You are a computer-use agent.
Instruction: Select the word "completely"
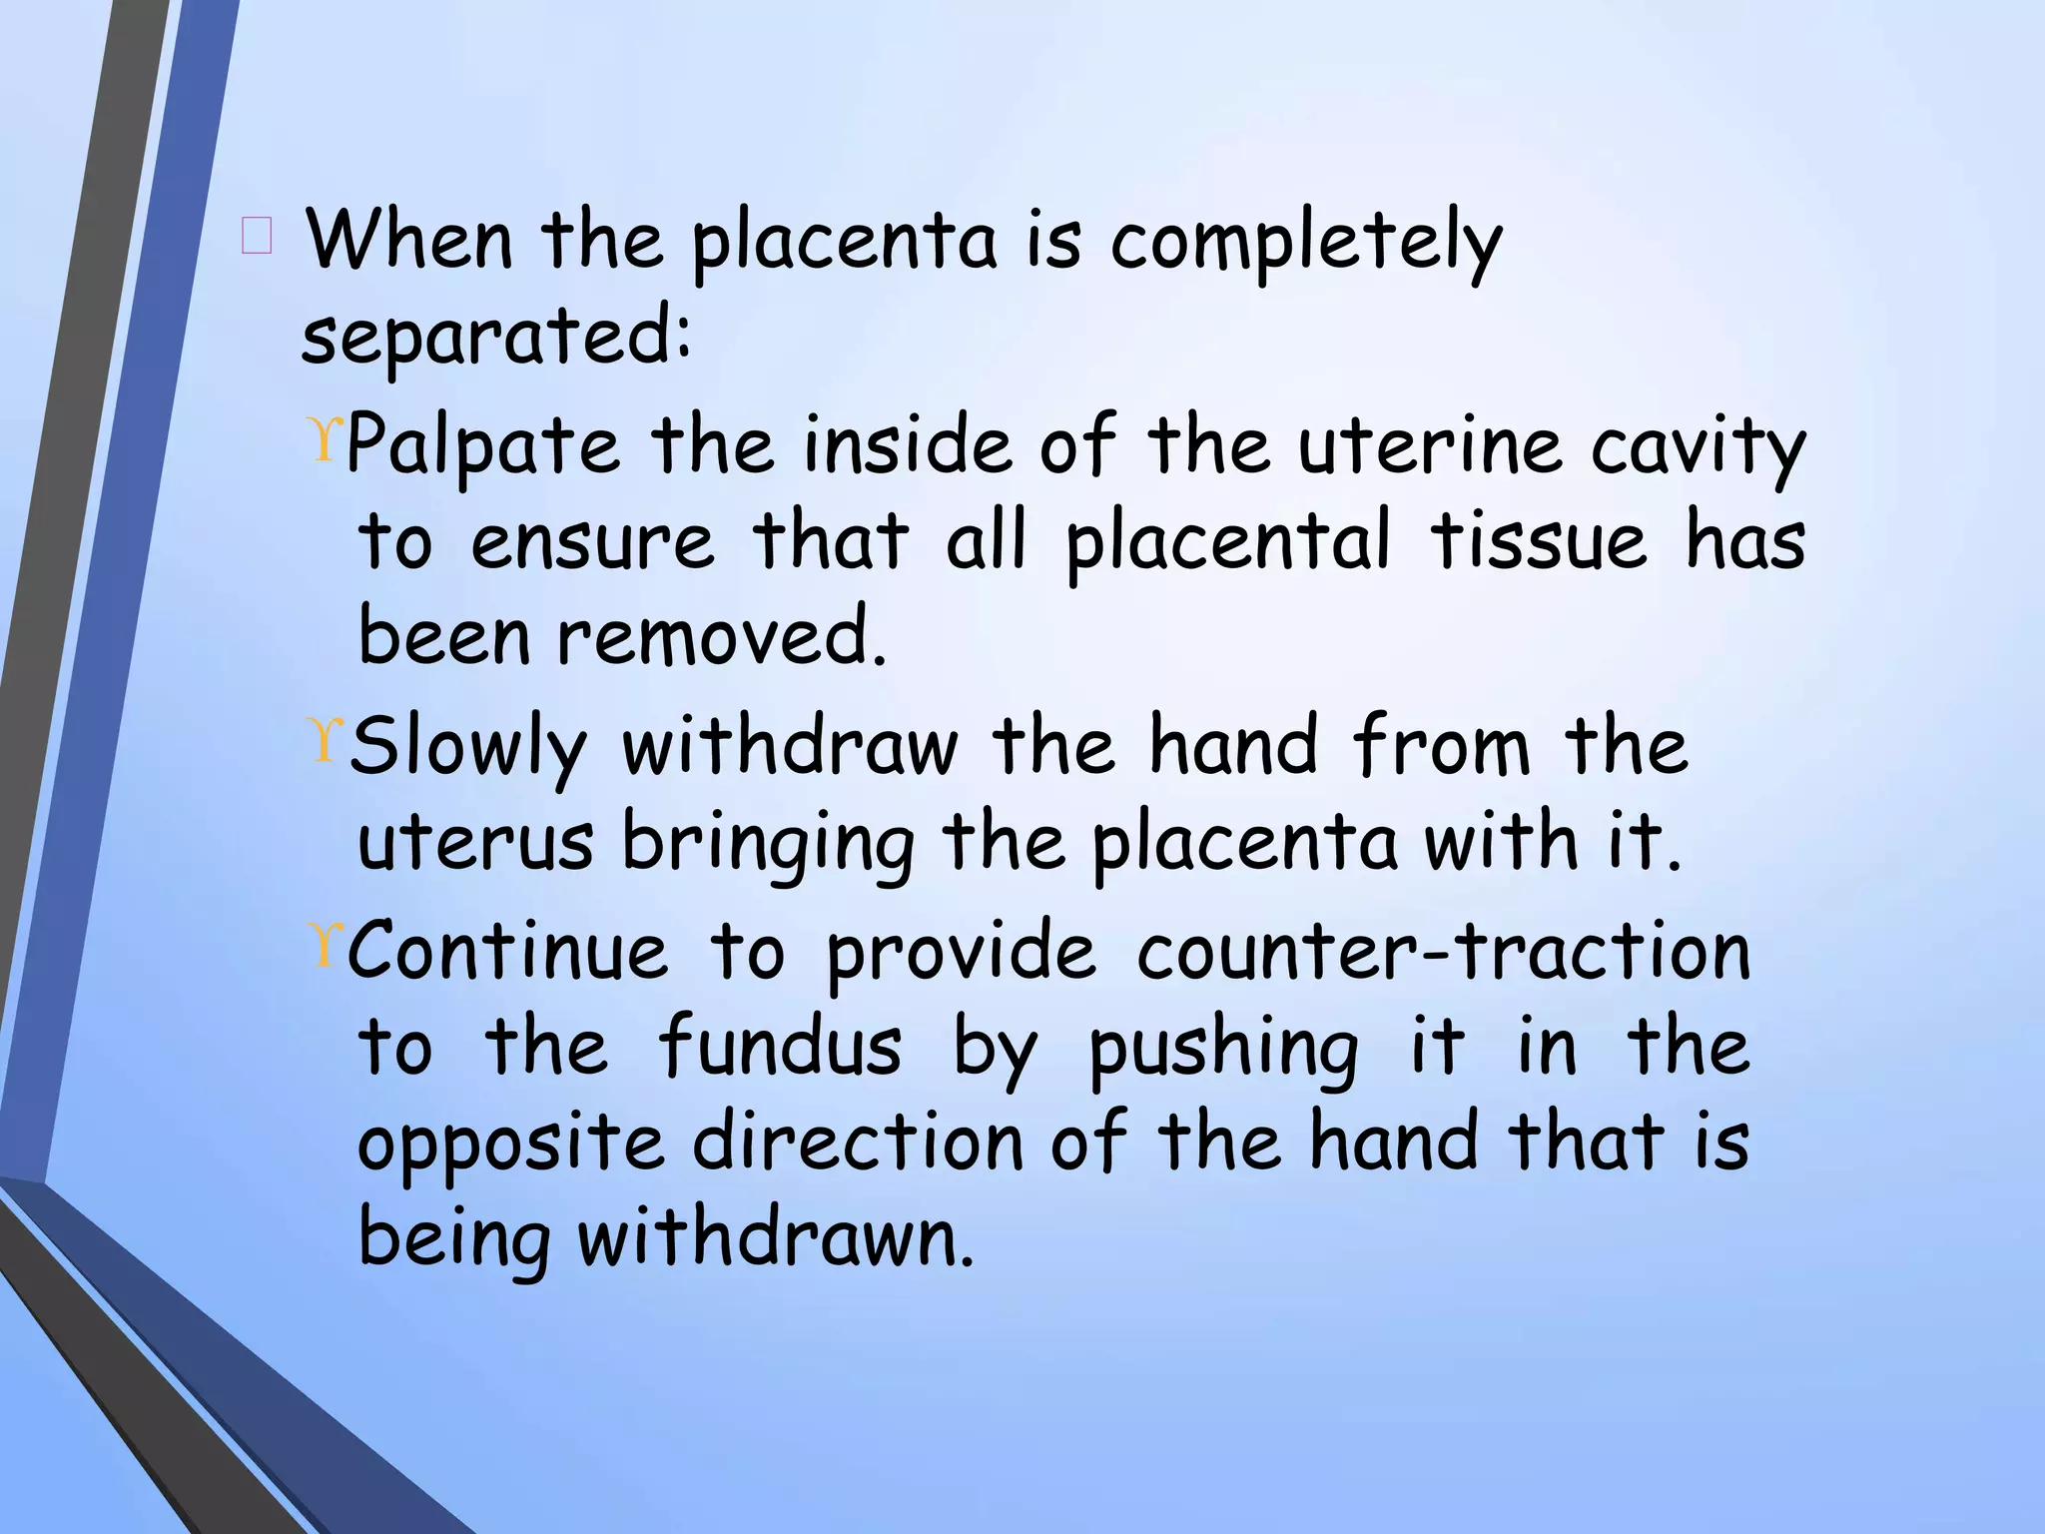1305,244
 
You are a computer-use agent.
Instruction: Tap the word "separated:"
496,338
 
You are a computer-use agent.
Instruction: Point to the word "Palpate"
483,446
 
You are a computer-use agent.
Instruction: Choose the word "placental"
1227,543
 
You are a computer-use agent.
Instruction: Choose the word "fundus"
780,1046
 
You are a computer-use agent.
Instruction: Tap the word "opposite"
510,1144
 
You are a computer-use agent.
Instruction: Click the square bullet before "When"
256,238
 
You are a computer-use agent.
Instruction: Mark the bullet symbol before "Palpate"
327,439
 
